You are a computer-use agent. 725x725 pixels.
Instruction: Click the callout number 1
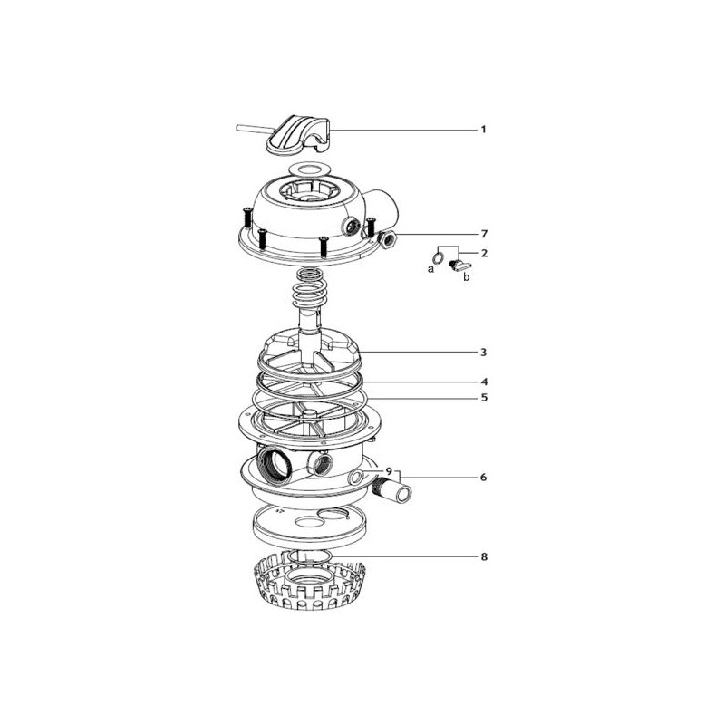tap(484, 130)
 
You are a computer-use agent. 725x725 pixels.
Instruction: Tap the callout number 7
tap(484, 234)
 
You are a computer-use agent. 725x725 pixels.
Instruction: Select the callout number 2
tap(484, 254)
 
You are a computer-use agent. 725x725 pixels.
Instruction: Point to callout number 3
tap(484, 353)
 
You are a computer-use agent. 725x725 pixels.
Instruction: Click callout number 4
tap(484, 382)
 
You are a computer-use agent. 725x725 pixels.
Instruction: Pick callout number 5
tap(484, 398)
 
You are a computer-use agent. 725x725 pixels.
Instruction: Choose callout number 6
tap(484, 478)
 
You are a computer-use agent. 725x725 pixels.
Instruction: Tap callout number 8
tap(484, 556)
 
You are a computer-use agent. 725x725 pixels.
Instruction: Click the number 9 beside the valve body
tap(389, 471)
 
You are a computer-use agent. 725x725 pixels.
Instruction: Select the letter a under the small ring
tap(431, 269)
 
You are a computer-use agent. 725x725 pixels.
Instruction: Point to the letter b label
tap(467, 277)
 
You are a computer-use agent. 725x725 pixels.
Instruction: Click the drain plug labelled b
tap(459, 265)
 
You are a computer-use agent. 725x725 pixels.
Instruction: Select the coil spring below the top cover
tap(310, 288)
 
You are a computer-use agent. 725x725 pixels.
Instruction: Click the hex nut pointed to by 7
tap(387, 239)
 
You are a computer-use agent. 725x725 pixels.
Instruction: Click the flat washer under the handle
tap(310, 169)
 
